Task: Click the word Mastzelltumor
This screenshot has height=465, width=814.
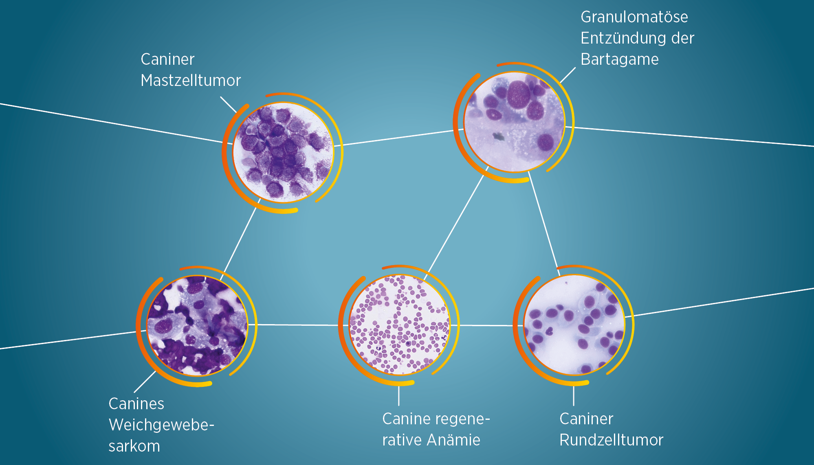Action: tap(191, 80)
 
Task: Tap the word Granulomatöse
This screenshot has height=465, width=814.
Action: tap(634, 17)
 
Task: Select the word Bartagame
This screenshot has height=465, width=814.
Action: tap(620, 59)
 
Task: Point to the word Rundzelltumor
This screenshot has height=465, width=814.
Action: tap(612, 440)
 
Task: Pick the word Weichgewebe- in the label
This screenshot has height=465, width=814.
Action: tap(161, 425)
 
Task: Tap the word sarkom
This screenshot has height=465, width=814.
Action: tap(134, 446)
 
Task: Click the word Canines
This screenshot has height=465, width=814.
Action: tap(136, 404)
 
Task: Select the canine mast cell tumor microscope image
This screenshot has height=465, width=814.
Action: tap(283, 152)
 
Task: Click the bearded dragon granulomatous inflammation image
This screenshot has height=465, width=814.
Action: tap(515, 122)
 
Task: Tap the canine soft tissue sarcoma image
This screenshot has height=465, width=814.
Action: tap(197, 325)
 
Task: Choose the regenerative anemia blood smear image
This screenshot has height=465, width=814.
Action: tap(399, 325)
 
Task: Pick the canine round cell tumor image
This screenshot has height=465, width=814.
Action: tap(574, 325)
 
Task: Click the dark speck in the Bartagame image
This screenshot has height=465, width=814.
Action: tap(498, 136)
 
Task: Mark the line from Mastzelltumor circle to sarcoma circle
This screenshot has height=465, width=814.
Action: tap(240, 239)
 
